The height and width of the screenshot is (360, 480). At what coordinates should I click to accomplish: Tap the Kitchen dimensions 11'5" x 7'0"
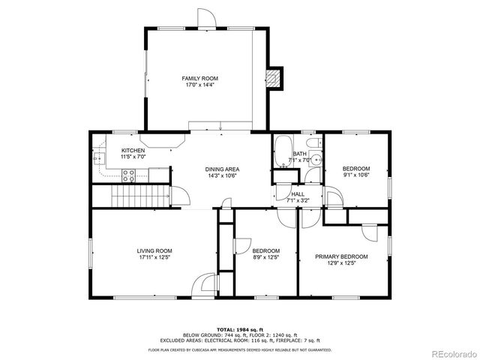point(133,158)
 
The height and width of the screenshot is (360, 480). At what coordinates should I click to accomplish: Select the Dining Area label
point(221,169)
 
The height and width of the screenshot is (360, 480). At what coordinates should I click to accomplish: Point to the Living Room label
point(154,250)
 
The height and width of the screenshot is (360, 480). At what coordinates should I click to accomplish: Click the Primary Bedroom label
point(341,256)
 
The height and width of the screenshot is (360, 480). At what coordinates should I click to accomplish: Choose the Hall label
point(298,193)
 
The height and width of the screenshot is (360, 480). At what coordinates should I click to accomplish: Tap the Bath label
point(299,154)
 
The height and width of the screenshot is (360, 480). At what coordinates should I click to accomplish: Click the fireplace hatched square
point(276,76)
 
